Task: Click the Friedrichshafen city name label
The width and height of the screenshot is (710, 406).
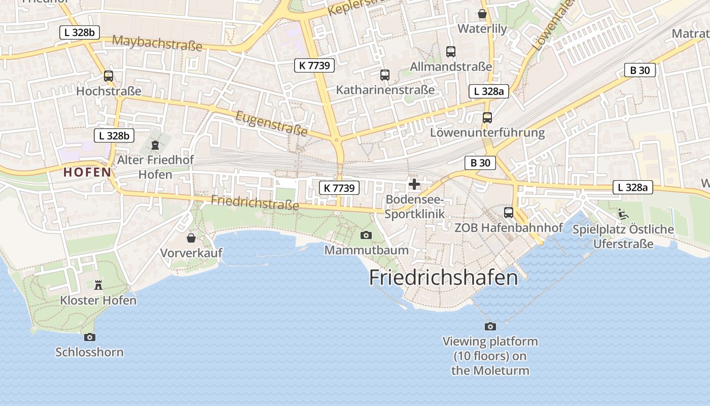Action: pos(443,278)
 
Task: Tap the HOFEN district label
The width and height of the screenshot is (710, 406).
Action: pos(87,172)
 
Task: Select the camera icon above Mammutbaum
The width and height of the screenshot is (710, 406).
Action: pos(366,235)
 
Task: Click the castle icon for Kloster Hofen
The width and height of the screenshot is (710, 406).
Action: pos(98,285)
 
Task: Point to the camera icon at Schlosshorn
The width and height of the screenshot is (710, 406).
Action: pos(89,337)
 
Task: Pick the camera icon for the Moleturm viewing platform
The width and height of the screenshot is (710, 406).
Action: pos(490,326)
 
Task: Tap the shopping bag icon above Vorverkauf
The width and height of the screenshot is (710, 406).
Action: pos(191,238)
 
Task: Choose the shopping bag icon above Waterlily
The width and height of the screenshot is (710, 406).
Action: pos(482,14)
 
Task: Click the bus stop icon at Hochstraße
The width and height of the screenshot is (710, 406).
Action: pos(109,76)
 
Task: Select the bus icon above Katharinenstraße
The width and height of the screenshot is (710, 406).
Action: pos(385,75)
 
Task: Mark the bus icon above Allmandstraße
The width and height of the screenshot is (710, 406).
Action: pos(450,51)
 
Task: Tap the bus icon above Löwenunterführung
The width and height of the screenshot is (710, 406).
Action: pos(487,118)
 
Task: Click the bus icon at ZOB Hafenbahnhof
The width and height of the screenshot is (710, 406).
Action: pos(508,213)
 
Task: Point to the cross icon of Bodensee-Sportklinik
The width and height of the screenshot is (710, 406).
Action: pos(414,184)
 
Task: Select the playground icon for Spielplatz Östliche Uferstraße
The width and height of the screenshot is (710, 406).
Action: pos(623,214)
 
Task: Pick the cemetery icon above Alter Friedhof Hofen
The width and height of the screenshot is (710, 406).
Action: pos(155,145)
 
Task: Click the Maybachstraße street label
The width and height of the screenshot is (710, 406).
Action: pos(157,43)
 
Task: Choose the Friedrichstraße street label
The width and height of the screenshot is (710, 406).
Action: pos(255,203)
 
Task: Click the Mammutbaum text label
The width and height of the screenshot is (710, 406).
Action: pos(366,250)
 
